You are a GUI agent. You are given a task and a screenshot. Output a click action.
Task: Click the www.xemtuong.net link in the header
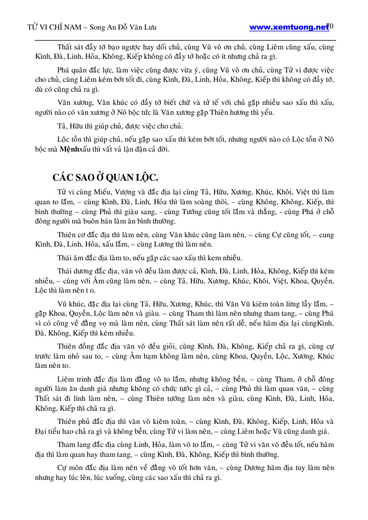pyautogui.click(x=288, y=26)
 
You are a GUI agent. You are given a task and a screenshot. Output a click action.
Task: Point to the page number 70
pyautogui.click(x=330, y=26)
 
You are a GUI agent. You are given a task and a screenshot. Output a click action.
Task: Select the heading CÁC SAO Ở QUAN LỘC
pyautogui.click(x=106, y=177)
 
